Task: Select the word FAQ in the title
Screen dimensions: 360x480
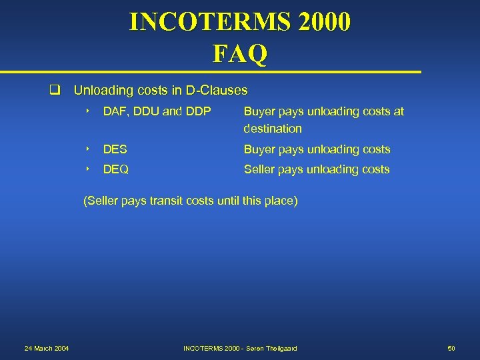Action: (x=240, y=53)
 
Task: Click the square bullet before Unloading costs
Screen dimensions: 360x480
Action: (x=59, y=90)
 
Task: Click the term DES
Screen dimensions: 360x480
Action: (x=115, y=149)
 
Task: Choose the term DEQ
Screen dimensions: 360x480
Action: (x=116, y=169)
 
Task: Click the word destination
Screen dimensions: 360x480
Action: (x=273, y=128)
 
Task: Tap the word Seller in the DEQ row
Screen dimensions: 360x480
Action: (x=259, y=169)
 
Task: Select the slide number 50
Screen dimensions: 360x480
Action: (x=451, y=349)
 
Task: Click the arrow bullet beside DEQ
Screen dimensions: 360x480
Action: (x=88, y=169)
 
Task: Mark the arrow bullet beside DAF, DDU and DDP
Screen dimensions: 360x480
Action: (x=88, y=111)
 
